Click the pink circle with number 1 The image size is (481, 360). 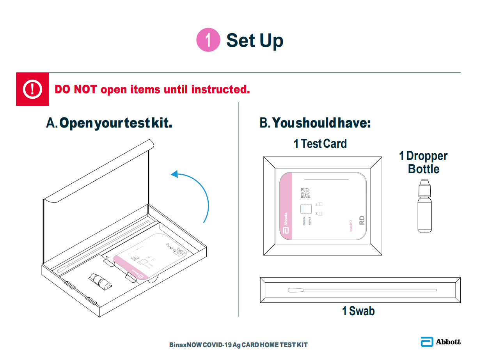coord(208,40)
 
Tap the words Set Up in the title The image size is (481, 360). coord(255,40)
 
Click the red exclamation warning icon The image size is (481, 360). coord(32,89)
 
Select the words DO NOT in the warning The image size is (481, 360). coord(76,89)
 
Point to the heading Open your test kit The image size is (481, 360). coord(109,123)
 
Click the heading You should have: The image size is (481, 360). coord(315,123)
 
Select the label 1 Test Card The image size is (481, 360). coord(320,144)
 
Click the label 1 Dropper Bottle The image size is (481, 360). coord(423,162)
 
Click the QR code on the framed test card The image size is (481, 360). coord(305,193)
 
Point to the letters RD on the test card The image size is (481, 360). coord(362,221)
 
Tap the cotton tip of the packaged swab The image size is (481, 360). coord(294,290)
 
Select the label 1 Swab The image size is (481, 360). coord(358,311)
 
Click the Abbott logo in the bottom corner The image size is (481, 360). coord(440,342)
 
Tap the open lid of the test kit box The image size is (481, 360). coord(98,183)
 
